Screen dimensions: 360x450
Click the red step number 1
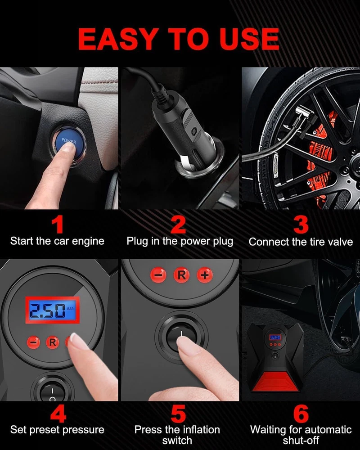(58, 225)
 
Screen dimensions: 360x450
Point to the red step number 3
(301, 225)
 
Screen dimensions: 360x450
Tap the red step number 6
(301, 414)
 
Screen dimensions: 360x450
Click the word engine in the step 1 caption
(88, 241)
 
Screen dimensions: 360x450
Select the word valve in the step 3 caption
(340, 242)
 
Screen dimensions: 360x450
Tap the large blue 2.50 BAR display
(52, 310)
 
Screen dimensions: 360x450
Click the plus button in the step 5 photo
(205, 275)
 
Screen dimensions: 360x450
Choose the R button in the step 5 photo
(181, 275)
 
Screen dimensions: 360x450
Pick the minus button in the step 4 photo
(33, 342)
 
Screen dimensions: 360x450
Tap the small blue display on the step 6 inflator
(275, 337)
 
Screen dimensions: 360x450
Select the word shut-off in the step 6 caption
(301, 440)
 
